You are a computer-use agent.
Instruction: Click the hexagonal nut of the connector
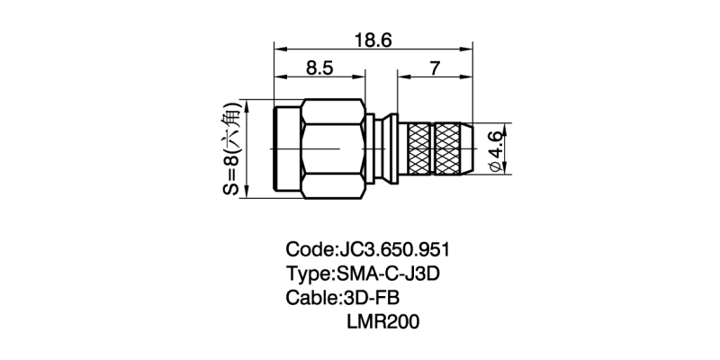pyautogui.click(x=333, y=148)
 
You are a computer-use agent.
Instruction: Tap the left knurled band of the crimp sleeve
pyautogui.click(x=420, y=148)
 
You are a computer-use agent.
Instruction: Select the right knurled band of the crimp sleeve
pyautogui.click(x=453, y=148)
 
